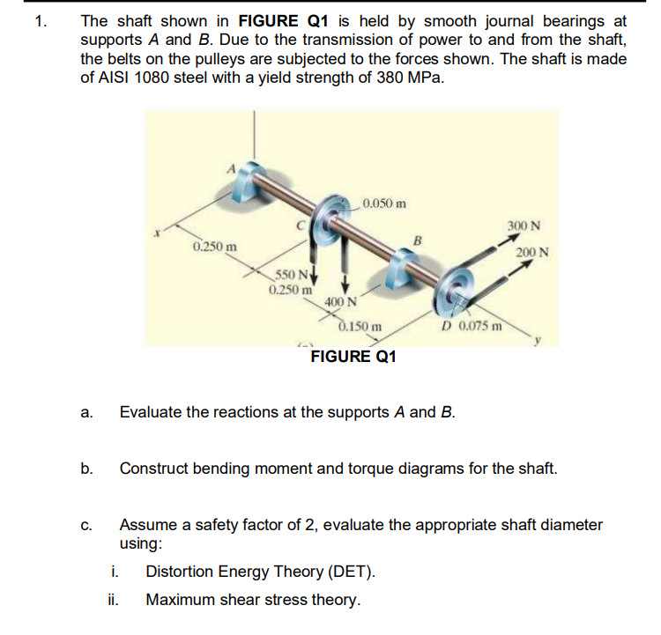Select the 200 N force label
(x=533, y=253)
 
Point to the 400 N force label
(x=340, y=303)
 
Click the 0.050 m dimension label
(x=384, y=204)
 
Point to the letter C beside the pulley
(x=301, y=226)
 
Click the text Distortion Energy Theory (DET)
(x=260, y=572)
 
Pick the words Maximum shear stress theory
(x=253, y=600)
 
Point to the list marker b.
(x=86, y=468)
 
